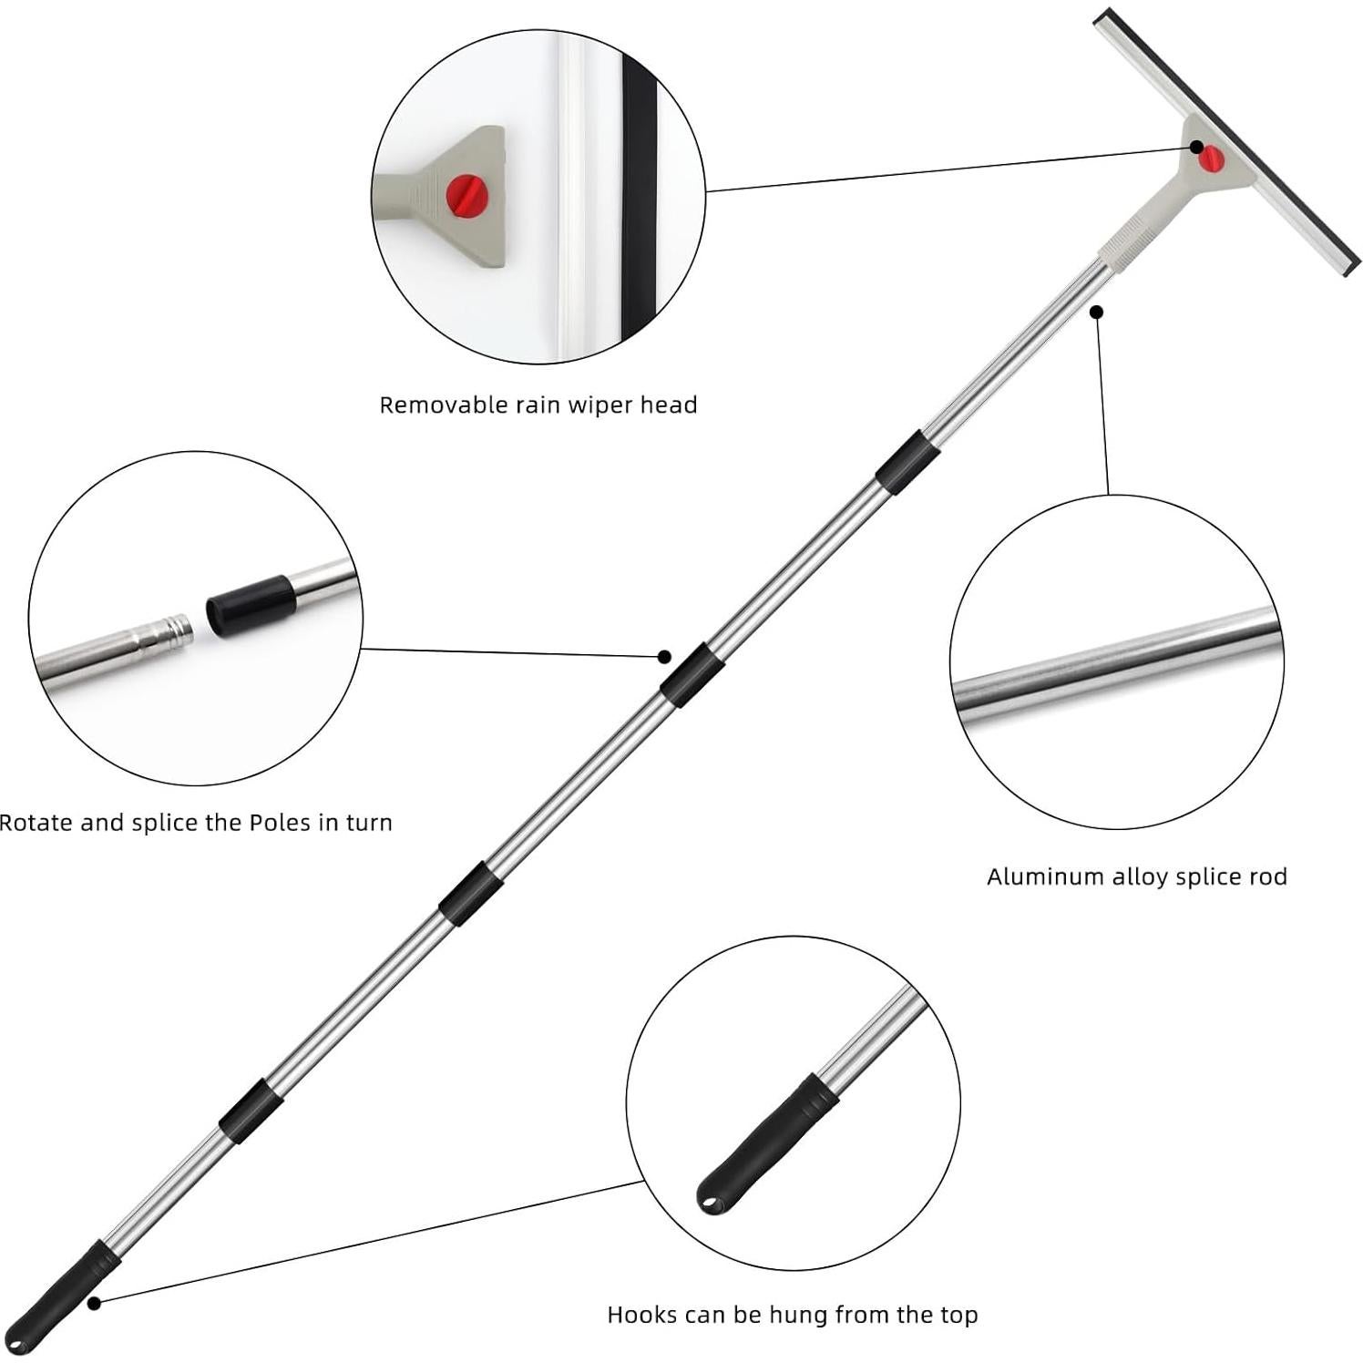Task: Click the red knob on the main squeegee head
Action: [1210, 159]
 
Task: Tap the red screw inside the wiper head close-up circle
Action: [467, 196]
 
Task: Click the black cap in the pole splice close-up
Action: [251, 605]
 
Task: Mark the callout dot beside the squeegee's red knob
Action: [1196, 147]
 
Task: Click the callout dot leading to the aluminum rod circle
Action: [1097, 312]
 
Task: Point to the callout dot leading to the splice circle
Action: [664, 657]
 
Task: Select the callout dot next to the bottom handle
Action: [94, 1304]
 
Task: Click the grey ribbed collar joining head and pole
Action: [1129, 241]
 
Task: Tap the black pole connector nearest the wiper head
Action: [907, 463]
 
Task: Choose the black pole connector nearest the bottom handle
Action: [251, 1111]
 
